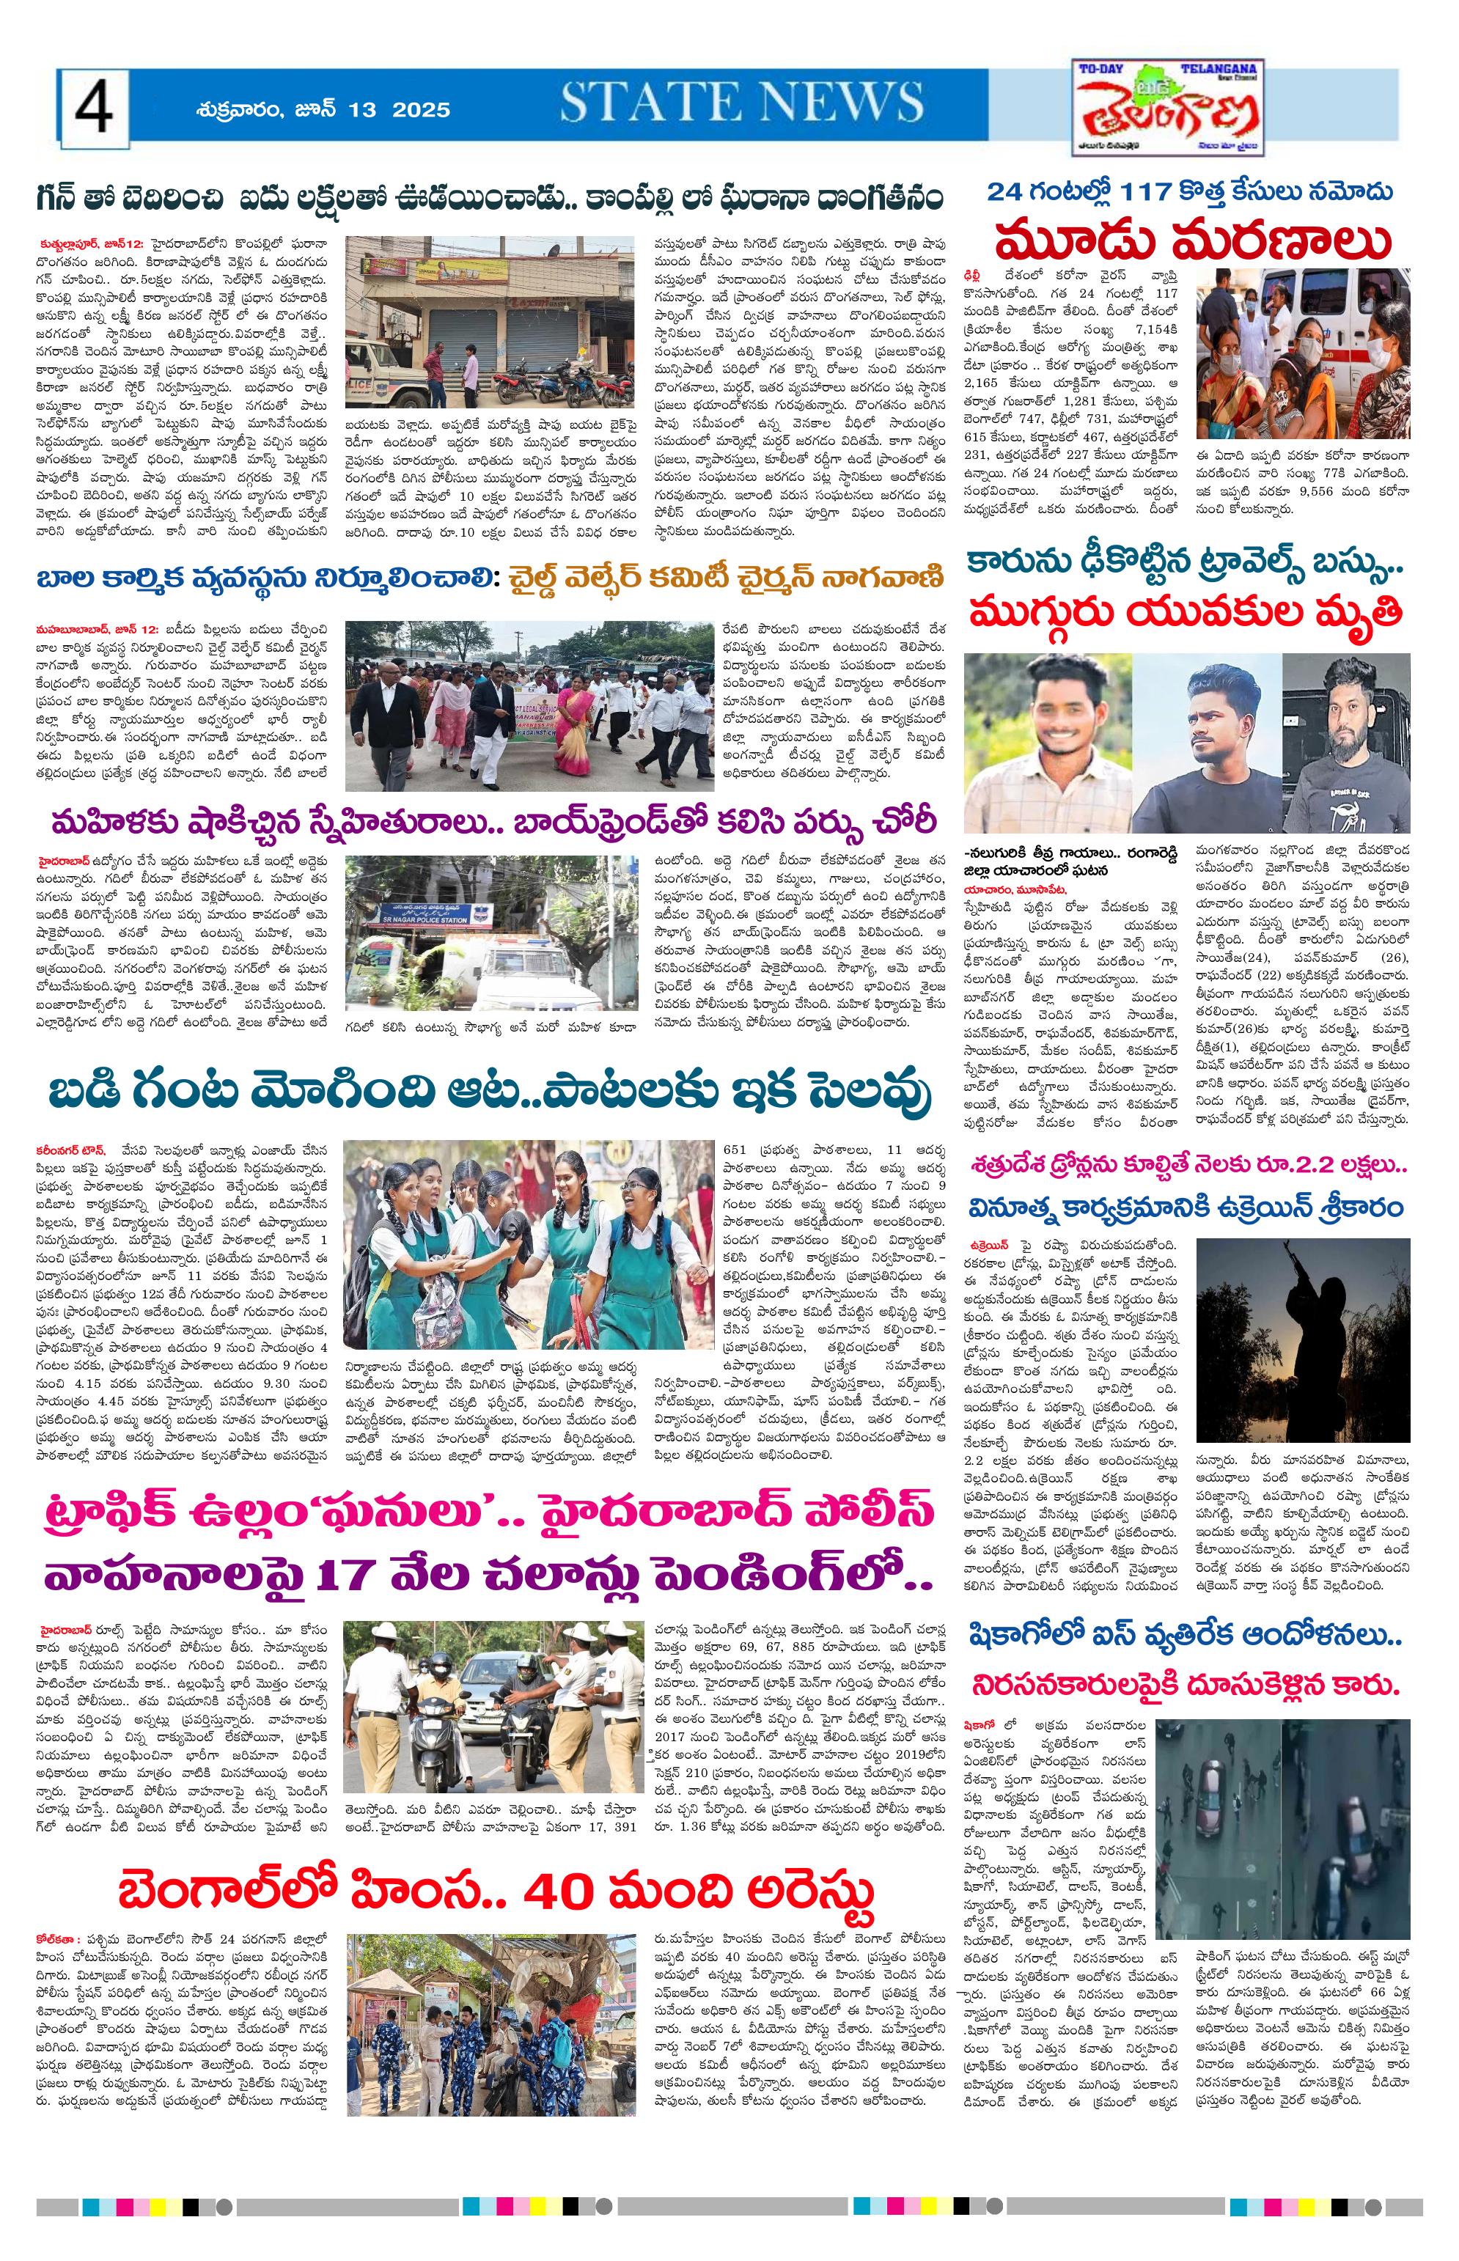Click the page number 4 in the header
pyautogui.click(x=94, y=109)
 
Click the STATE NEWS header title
pyautogui.click(x=741, y=103)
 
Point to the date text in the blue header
pyautogui.click(x=323, y=110)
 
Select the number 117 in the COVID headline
pyautogui.click(x=1151, y=191)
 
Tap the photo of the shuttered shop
pyautogui.click(x=489, y=320)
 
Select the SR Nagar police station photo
pyautogui.click(x=489, y=932)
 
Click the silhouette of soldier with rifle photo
pyautogui.click(x=1301, y=1339)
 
